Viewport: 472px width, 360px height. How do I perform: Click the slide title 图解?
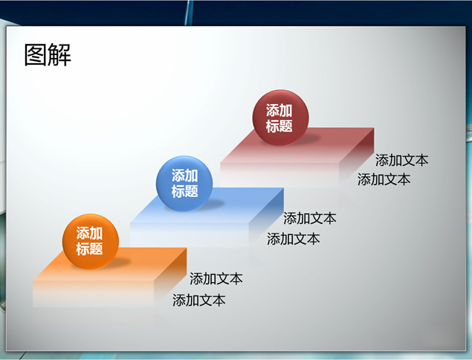[x=48, y=54]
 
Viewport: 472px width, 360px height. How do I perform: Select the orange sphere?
[x=91, y=242]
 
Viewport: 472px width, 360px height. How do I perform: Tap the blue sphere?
[x=184, y=184]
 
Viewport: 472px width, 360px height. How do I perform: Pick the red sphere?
[x=280, y=118]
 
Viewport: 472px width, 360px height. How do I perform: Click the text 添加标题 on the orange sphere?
[x=89, y=241]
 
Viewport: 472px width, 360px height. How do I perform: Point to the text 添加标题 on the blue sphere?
[x=184, y=183]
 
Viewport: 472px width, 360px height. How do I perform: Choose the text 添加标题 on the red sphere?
[x=279, y=118]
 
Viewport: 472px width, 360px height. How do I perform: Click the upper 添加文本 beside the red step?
[x=401, y=160]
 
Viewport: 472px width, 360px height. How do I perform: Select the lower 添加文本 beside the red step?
[x=384, y=179]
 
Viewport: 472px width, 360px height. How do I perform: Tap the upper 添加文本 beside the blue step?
[x=309, y=218]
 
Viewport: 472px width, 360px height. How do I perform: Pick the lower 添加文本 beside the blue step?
[x=293, y=239]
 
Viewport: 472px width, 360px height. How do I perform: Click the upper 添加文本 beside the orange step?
[x=216, y=279]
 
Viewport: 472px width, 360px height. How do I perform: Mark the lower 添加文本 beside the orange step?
[x=198, y=300]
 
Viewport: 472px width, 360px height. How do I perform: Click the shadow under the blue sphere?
[x=210, y=204]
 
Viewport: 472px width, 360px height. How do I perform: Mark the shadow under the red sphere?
[x=306, y=138]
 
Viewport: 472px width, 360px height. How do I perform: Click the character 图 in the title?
[x=35, y=54]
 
